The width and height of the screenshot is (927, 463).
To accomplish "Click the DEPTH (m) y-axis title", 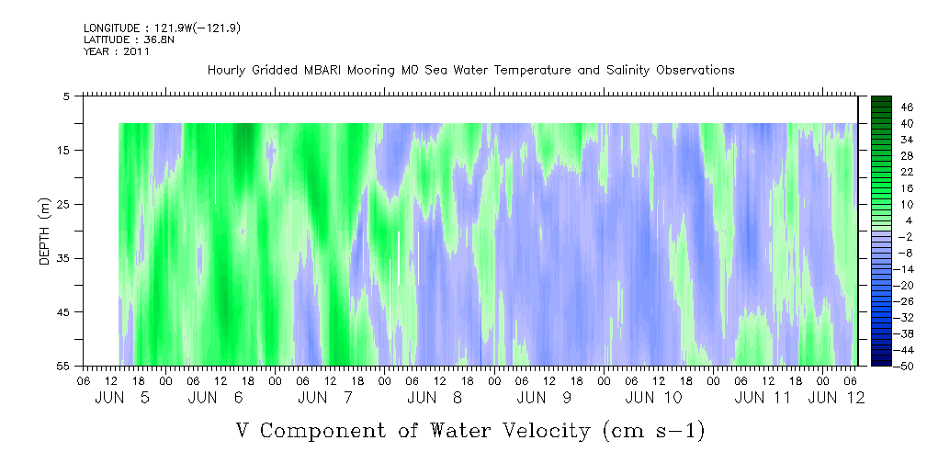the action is pos(45,231).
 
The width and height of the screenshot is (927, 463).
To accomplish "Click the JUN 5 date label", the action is pos(122,398).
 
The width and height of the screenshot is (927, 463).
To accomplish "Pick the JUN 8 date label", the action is pos(435,398).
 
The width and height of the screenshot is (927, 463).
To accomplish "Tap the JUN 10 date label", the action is pos(653,398).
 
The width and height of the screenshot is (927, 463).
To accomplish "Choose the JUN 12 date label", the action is pos(836,398).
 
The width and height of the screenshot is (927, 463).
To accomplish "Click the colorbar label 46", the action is pos(907,107).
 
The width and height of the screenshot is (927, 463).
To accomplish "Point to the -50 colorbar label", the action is pos(905,366).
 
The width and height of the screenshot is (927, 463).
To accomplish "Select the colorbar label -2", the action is pos(905,236).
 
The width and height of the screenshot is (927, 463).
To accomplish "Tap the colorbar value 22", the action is pos(907,176).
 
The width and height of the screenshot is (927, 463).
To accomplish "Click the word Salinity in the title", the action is pos(627,71).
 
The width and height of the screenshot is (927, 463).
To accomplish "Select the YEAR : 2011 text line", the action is pos(117,51).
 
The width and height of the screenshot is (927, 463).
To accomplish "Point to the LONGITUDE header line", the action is pos(162,28).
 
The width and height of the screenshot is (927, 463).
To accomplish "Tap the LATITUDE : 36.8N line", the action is pos(129,40).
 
